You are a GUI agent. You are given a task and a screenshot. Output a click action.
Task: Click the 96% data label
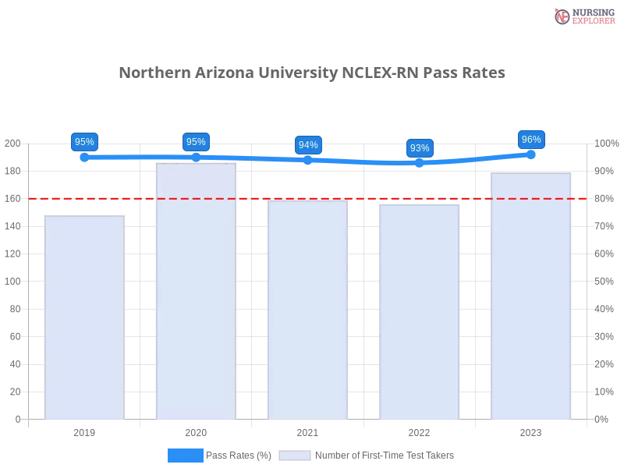click(531, 140)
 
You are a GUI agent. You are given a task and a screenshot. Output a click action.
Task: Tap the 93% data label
click(420, 147)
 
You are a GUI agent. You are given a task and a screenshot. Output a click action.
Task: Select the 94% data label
click(308, 144)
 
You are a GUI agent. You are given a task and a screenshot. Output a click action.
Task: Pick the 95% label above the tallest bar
click(196, 141)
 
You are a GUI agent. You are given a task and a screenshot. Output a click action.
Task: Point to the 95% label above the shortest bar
click(83, 141)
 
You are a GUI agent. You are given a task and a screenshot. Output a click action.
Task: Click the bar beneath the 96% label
click(530, 296)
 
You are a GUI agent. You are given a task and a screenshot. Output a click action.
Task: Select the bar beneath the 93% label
click(418, 312)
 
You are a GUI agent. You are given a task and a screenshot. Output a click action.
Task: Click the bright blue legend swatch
click(186, 455)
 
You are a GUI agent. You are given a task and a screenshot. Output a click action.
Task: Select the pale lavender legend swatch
click(295, 455)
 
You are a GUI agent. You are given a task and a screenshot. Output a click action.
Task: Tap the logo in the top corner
click(583, 16)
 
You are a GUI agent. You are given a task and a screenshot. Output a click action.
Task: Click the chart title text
click(312, 73)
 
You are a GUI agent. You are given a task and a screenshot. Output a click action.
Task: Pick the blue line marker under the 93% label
click(420, 163)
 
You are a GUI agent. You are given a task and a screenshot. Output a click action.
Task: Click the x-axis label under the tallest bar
click(196, 431)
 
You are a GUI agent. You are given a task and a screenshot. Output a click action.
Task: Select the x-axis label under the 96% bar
click(530, 431)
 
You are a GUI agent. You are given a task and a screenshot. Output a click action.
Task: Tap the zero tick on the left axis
click(16, 419)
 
